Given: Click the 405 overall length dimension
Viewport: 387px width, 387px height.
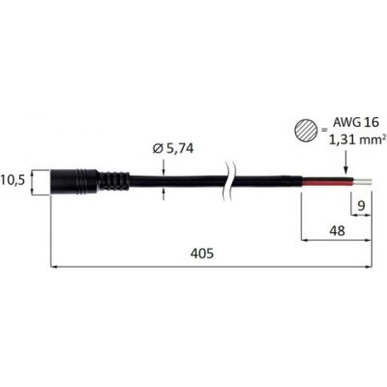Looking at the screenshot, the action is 202,253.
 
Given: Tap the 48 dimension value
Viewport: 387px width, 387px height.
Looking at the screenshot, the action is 338,230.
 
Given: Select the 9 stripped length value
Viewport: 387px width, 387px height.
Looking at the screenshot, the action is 362,205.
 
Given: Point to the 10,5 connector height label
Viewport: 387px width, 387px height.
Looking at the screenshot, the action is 13,180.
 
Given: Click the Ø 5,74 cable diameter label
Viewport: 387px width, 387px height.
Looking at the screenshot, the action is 173,148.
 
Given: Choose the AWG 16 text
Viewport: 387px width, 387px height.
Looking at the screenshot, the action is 355,122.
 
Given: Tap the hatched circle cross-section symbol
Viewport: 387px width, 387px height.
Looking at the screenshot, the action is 306,132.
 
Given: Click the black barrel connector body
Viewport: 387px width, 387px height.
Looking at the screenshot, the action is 74,182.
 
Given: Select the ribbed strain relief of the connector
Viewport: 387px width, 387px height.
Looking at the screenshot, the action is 114,182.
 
